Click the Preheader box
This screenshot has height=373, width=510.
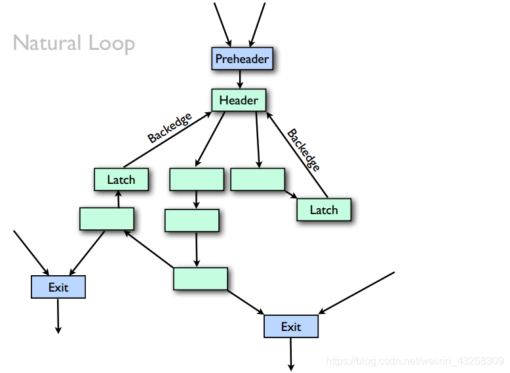point(241,59)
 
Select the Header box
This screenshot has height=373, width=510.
point(239,100)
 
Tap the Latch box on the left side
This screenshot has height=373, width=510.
point(121,179)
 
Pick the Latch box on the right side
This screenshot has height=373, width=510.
point(324,209)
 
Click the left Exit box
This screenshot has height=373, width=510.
point(58,287)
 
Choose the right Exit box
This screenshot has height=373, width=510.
point(291,326)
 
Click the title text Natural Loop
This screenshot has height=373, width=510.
point(74,43)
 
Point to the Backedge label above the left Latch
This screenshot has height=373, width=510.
point(170,128)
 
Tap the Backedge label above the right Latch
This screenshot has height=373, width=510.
point(304,150)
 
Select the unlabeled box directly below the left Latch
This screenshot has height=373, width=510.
point(107,219)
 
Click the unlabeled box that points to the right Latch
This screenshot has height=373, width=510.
point(258,179)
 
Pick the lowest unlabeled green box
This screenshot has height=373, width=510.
point(201,278)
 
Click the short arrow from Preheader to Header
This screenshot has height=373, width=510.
point(241,79)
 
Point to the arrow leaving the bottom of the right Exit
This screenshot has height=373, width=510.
point(290,353)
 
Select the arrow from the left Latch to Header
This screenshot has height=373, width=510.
point(167,141)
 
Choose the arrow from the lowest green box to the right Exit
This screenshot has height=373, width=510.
point(246,302)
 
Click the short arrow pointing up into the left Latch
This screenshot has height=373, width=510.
point(118,199)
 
